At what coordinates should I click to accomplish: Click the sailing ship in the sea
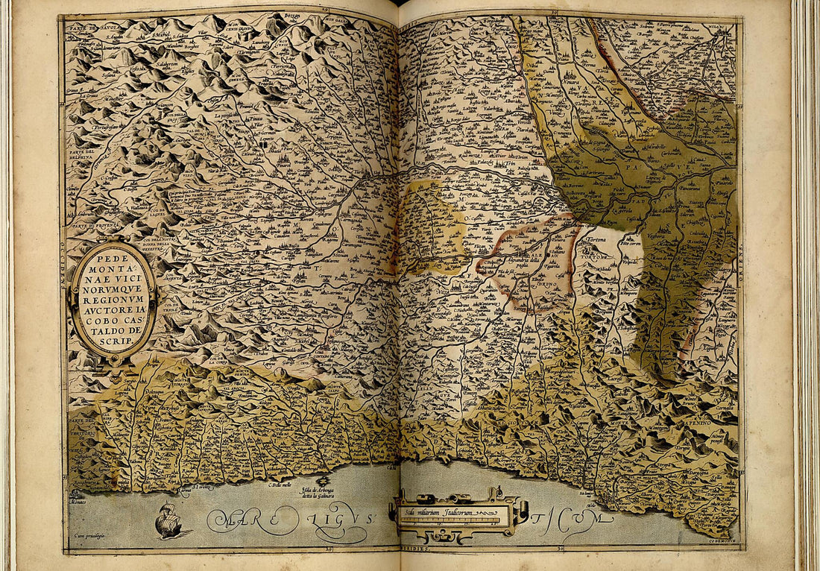(169, 521)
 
